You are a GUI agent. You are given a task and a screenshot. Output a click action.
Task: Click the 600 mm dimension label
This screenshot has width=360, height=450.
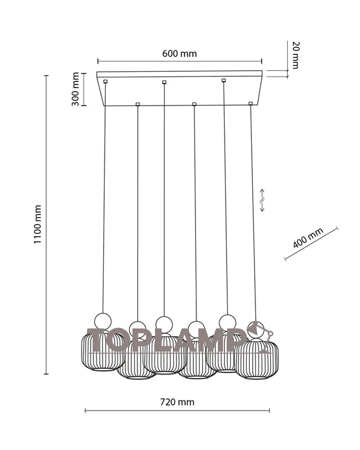tap(180, 54)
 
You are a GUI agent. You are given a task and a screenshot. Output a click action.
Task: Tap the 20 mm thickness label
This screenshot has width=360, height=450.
tap(295, 55)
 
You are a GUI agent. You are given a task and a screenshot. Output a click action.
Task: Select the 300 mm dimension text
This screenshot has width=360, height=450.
tap(75, 89)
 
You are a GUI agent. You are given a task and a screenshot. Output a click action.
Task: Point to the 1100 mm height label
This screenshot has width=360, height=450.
tap(38, 224)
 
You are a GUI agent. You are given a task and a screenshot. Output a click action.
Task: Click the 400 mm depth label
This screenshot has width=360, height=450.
tap(308, 238)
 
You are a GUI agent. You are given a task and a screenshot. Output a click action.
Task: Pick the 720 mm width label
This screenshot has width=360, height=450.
tap(177, 402)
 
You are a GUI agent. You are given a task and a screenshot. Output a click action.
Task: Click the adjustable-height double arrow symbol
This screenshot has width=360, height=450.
tap(262, 200)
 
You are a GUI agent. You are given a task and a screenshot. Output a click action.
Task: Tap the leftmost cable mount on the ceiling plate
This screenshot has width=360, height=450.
tap(106, 81)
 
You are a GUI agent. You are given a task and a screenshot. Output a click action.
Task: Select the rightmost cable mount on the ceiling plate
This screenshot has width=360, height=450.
tap(251, 103)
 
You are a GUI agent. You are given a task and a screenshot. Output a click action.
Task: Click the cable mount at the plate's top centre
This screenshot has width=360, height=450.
tap(164, 82)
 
